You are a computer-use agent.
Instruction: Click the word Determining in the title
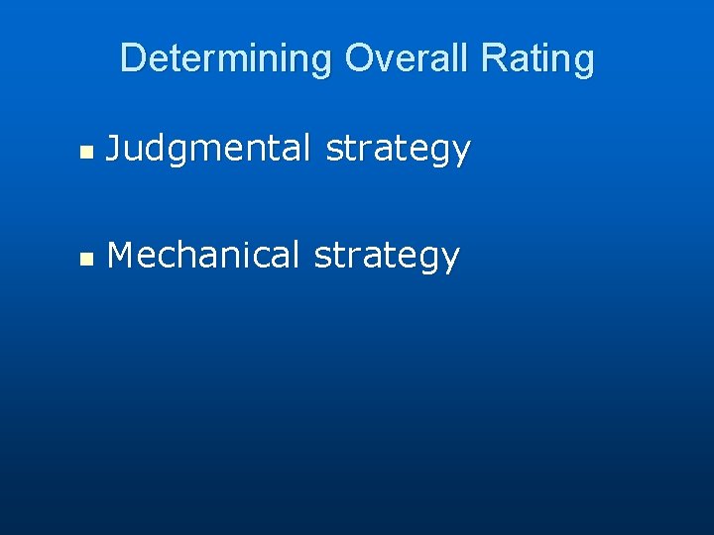[x=225, y=58]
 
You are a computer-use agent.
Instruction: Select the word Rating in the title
[x=536, y=58]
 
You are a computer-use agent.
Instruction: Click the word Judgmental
[x=209, y=149]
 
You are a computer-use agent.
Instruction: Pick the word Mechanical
[x=203, y=255]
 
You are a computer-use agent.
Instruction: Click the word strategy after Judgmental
[x=398, y=150]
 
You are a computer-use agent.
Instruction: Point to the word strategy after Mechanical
[x=387, y=256]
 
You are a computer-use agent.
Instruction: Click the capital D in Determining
[x=131, y=58]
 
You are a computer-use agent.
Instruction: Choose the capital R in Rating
[x=491, y=58]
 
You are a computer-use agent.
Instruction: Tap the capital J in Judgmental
[x=114, y=149]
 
